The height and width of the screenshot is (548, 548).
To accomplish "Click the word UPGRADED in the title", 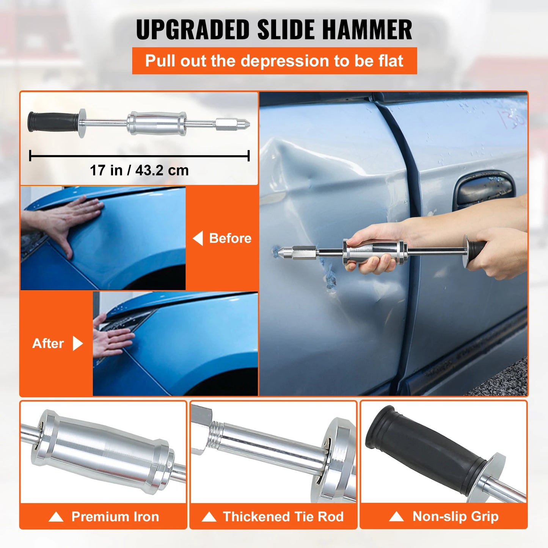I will click(193, 30).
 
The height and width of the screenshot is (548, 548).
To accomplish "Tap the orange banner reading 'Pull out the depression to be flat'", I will click(274, 61).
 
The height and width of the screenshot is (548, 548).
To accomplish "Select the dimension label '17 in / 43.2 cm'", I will click(139, 170).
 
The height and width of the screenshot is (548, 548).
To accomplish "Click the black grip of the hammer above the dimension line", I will click(53, 122).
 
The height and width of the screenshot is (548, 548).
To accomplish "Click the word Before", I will click(230, 238).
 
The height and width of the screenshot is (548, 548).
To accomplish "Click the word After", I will click(48, 343).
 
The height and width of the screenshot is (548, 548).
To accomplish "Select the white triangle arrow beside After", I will click(77, 343).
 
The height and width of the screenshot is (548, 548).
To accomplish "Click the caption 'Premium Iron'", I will click(115, 517).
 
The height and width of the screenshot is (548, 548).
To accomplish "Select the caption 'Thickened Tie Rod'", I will click(283, 517).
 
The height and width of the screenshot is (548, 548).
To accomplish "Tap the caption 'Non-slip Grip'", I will click(455, 516).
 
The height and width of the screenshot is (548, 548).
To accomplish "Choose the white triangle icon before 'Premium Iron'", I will click(56, 517).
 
